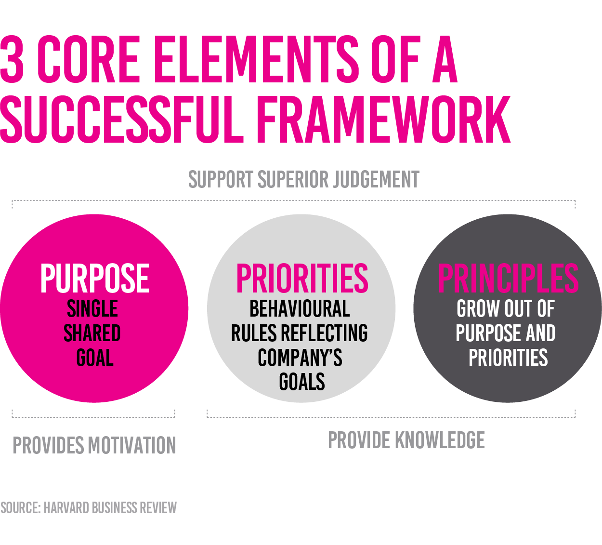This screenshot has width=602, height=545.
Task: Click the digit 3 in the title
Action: (x=12, y=59)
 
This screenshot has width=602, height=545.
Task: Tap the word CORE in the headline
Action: (x=89, y=59)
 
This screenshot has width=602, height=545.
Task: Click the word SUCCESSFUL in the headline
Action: (x=121, y=119)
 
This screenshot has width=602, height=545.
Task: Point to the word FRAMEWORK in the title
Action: (x=383, y=119)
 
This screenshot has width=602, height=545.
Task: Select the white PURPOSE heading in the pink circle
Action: (x=95, y=278)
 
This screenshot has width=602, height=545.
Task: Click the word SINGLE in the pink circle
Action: (x=92, y=309)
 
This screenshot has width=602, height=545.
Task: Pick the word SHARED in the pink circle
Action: (x=92, y=333)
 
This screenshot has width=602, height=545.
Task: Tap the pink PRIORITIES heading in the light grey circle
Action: (x=302, y=278)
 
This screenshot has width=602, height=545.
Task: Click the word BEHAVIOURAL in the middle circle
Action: (x=300, y=309)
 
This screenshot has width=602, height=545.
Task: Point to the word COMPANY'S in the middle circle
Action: (x=300, y=358)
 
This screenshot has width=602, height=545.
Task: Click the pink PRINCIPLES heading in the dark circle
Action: (x=509, y=278)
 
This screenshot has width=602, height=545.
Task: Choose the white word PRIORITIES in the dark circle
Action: (x=509, y=358)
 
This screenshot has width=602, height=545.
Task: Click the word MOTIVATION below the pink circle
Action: (x=132, y=445)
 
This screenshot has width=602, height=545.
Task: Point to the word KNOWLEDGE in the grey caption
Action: (x=440, y=440)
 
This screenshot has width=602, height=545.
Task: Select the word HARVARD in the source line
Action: (x=66, y=508)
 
